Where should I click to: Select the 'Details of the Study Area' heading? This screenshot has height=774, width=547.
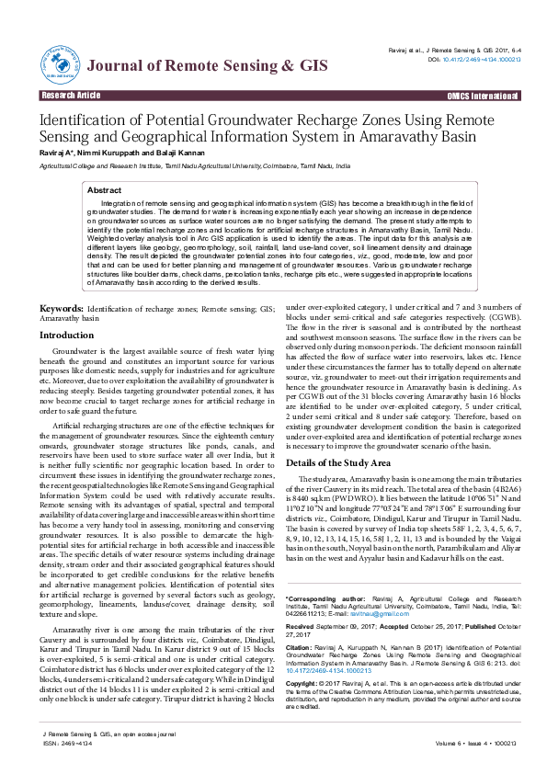point(338,462)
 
